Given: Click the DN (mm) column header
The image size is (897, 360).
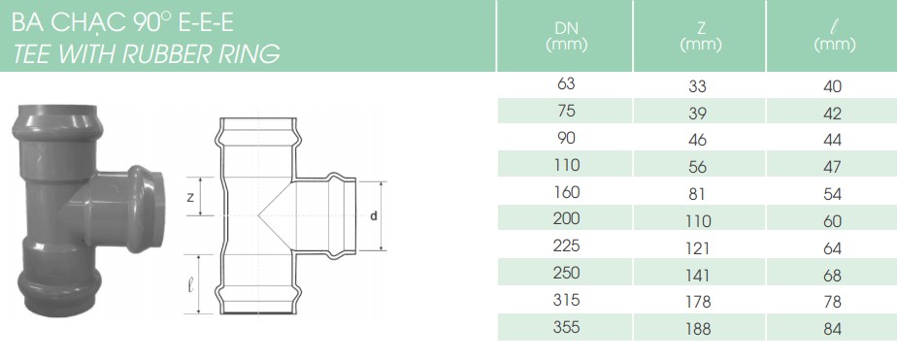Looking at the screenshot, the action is click(x=566, y=36).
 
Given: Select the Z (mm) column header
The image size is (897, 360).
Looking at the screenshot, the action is click(x=700, y=36).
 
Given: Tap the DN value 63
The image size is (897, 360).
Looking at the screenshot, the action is click(x=565, y=83).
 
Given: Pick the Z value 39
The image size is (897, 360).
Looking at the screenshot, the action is click(x=698, y=114).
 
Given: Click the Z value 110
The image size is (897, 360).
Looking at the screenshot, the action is click(x=698, y=221).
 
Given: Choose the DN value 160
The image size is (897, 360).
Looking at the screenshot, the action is click(x=566, y=191).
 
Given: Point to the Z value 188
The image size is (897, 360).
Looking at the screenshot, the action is click(x=698, y=329).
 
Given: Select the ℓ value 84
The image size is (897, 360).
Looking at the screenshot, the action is click(x=833, y=330).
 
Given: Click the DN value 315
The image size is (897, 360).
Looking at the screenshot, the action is click(x=566, y=299).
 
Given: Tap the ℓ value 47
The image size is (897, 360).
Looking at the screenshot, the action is click(x=833, y=167).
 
